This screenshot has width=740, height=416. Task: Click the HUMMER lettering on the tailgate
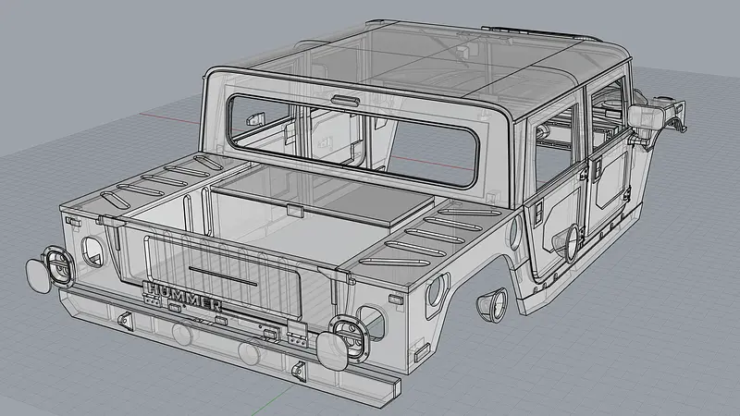point(182,299)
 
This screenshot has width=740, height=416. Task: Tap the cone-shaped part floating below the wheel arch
point(489,304)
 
